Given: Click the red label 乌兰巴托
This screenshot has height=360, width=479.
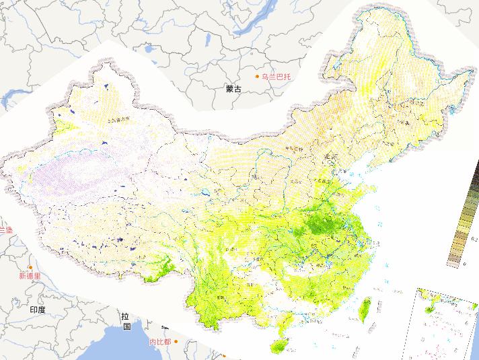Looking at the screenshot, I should pos(277,77).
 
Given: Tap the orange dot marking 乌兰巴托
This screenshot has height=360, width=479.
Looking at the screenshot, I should pos(257,77).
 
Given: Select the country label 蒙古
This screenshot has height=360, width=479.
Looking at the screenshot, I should pos(233,88).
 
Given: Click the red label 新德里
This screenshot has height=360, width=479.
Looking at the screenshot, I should pos(30,276).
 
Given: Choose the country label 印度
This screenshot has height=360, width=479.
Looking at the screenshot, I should pos(38,310).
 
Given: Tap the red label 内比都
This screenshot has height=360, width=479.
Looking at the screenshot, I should pos(159,342).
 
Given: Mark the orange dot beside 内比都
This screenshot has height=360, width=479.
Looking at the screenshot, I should pos(176,342).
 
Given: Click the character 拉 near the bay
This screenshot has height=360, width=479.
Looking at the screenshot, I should pos(126,316).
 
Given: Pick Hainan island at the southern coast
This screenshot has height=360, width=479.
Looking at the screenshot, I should pos(277,346).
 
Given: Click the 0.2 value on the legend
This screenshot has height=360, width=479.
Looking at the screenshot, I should pos(474,239).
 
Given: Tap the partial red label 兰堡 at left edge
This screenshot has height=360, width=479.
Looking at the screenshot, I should pos(5,229).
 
